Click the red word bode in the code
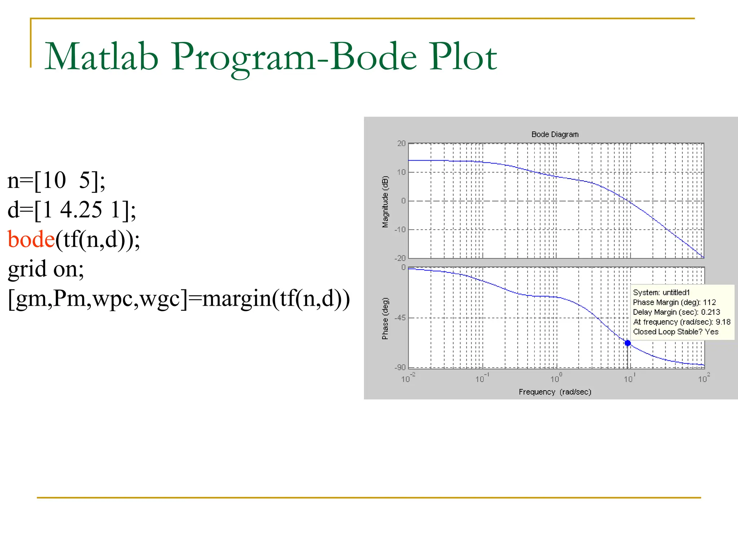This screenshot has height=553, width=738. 31,240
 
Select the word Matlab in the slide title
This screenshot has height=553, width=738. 102,57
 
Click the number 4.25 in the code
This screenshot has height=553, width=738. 81,210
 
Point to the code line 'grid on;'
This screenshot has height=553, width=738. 46,269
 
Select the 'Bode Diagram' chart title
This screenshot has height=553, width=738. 555,135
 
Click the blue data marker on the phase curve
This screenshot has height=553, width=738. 628,343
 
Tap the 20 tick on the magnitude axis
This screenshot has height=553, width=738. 401,144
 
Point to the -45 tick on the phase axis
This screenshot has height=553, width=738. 400,318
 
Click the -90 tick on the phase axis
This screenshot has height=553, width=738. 400,368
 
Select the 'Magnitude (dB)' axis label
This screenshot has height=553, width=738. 385,202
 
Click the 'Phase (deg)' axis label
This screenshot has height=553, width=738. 385,319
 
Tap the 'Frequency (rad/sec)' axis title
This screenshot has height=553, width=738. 555,392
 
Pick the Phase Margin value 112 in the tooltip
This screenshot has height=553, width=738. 709,302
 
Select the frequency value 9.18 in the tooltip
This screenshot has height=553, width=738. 723,322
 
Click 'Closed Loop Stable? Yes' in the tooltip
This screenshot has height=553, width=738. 676,332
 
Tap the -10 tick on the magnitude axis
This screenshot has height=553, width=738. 400,230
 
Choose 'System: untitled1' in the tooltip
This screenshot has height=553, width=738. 661,293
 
